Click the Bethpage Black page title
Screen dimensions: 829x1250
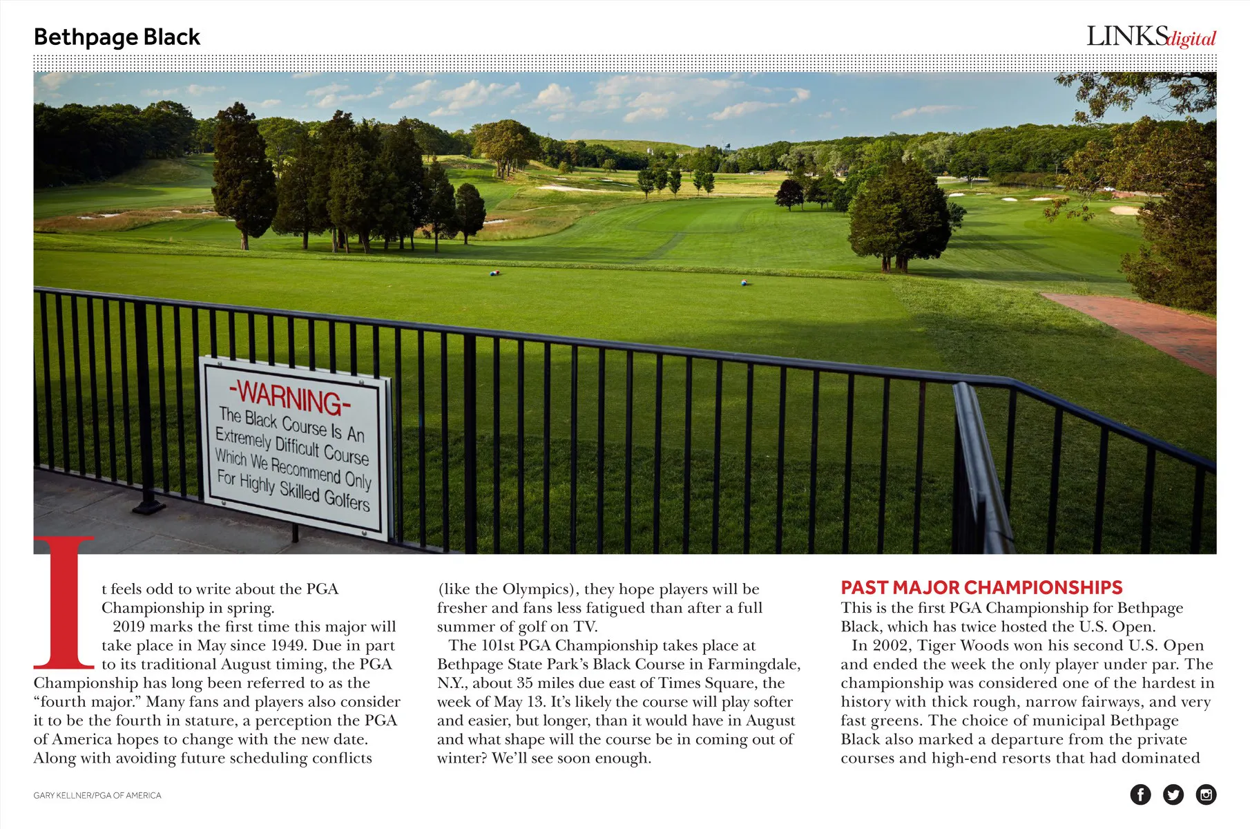[117, 37]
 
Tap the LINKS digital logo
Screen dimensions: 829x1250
[1151, 37]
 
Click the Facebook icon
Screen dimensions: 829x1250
[1140, 794]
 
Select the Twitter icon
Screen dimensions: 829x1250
[1173, 794]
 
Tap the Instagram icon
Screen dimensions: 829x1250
[1206, 794]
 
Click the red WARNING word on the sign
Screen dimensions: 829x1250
[289, 397]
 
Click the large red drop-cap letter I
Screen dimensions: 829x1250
[64, 602]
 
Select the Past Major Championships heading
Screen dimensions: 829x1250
[981, 588]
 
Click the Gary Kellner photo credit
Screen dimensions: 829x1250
[97, 796]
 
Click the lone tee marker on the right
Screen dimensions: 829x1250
[744, 282]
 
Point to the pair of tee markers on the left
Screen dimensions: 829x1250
[494, 273]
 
